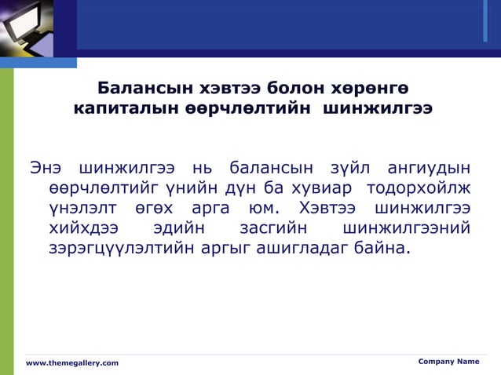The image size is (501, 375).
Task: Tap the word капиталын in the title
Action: [115, 107]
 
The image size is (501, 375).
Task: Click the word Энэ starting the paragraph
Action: [46, 168]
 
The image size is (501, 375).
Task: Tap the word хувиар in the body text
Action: [315, 188]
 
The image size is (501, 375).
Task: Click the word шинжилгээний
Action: [407, 229]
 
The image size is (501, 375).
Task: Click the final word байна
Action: [384, 249]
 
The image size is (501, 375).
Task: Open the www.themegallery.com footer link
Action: [72, 362]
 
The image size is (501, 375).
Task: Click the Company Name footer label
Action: [448, 361]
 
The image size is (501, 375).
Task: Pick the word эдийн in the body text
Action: [179, 229]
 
